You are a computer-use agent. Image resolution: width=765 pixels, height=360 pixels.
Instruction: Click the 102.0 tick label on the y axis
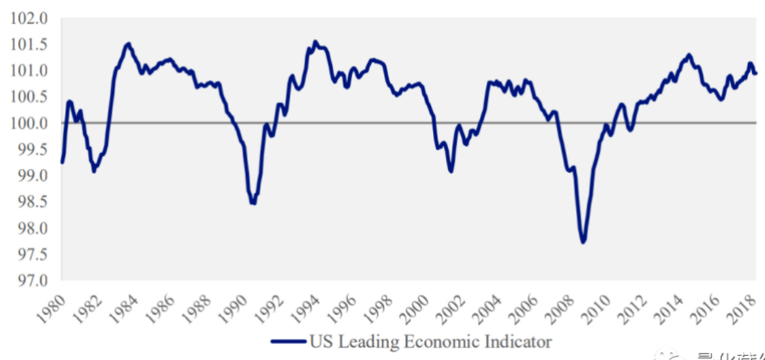pos(30,18)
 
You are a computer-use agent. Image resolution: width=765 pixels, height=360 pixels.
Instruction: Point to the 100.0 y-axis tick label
pos(30,123)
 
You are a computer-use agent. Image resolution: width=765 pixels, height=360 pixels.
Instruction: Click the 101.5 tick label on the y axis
pos(30,44)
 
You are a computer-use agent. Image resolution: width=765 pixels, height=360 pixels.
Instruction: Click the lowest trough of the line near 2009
pos(582,243)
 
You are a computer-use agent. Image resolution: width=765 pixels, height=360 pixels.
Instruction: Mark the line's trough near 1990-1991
pos(252,203)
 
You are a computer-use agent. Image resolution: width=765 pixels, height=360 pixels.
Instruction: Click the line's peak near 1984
pos(128,44)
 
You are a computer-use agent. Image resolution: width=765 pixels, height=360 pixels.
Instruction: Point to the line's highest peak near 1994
pos(315,41)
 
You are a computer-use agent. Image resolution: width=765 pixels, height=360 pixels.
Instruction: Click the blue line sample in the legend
pos(288,342)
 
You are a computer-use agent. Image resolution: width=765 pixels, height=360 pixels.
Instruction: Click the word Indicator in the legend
pos(520,342)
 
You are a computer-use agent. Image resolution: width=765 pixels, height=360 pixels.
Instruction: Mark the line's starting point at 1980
pos(62,162)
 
